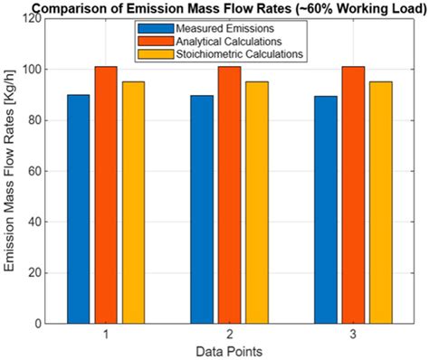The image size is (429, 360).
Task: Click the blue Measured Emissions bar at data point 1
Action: (79, 209)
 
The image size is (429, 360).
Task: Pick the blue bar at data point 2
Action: (203, 209)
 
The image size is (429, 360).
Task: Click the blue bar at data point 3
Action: (326, 209)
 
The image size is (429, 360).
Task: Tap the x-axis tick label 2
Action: (230, 334)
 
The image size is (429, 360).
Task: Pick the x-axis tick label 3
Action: (353, 334)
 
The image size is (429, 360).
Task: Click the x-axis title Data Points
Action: (230, 349)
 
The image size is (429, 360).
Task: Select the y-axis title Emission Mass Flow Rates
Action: (12, 171)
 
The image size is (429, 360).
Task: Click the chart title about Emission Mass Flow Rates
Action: (214, 7)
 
